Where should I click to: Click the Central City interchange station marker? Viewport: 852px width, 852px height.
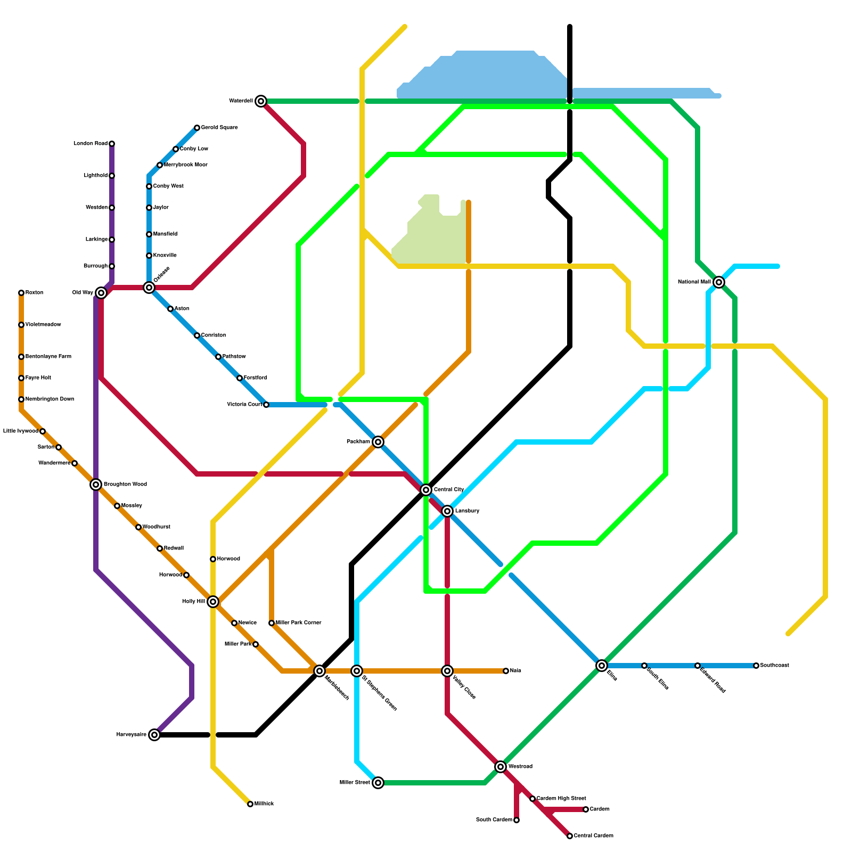(426, 490)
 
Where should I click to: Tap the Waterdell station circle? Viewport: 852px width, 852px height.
(261, 101)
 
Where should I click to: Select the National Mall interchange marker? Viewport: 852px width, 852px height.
(719, 282)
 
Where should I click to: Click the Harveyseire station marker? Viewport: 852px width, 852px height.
(154, 735)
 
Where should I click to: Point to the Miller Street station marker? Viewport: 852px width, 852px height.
(378, 783)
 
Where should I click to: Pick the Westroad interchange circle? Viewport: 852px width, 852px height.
(501, 767)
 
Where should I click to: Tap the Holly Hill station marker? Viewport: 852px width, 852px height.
(213, 602)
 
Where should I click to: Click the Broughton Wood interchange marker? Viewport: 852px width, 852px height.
(96, 485)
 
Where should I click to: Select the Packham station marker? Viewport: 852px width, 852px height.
(378, 442)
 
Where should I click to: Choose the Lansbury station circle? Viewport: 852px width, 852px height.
(447, 511)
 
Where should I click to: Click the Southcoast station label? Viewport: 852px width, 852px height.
(774, 666)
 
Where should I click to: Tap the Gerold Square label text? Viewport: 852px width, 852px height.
(219, 128)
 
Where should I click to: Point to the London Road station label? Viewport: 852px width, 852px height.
(91, 144)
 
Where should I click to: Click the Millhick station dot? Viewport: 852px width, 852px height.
(250, 804)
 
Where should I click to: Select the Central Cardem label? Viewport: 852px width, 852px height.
(593, 836)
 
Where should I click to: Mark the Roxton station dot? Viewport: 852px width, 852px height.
(21, 293)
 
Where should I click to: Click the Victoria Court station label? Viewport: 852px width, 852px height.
(244, 405)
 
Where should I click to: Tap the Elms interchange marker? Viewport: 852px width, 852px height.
(602, 666)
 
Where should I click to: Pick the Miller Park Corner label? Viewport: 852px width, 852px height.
(298, 623)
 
